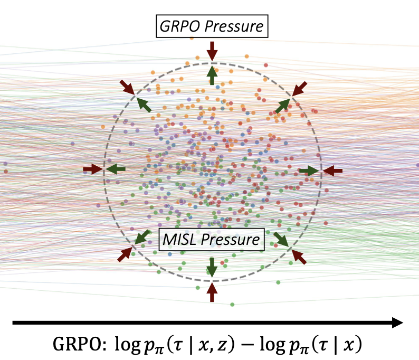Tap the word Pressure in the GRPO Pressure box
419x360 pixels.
click(234, 26)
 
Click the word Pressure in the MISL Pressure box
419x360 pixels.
click(230, 240)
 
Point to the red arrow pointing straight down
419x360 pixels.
click(212, 51)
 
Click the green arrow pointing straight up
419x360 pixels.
click(212, 75)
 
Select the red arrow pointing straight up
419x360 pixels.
click(212, 292)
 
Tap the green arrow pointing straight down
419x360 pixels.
click(212, 267)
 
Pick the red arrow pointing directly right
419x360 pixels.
click(93, 169)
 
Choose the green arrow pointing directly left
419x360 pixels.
click(116, 169)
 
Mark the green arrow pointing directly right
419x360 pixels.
click(309, 171)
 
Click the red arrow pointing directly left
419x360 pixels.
click(332, 171)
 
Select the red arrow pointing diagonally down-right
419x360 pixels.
click(127, 87)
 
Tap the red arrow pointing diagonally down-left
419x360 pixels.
click(299, 89)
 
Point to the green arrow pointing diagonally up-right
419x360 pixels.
click(283, 106)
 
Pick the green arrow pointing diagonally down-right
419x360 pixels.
click(281, 239)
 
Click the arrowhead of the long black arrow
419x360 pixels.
click(397, 323)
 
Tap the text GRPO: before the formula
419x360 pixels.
click(79, 344)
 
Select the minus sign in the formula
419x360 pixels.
click(247, 344)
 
